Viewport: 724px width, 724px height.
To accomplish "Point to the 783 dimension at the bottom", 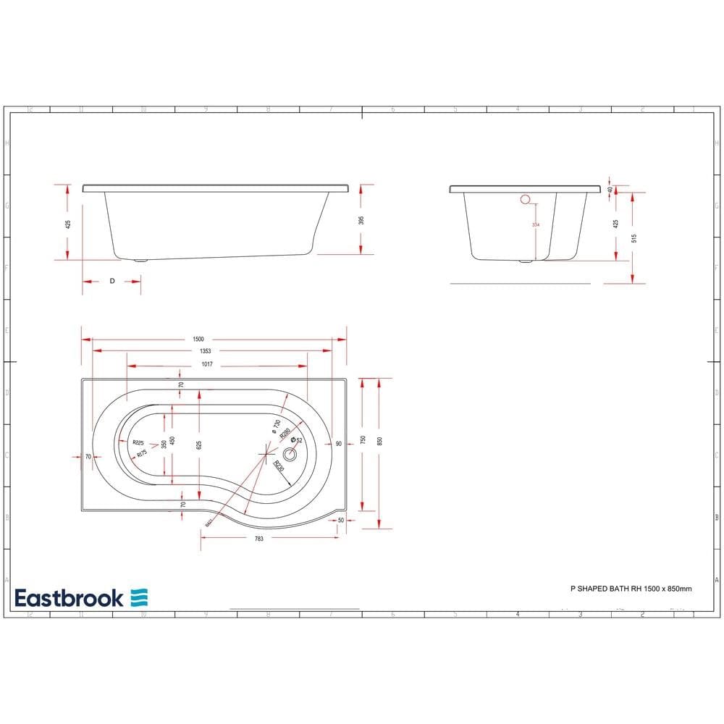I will pos(258,539).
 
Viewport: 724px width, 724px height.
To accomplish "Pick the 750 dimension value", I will pos(363,440).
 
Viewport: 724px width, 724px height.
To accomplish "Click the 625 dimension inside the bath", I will pos(198,445).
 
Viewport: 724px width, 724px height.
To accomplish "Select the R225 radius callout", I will pos(139,443).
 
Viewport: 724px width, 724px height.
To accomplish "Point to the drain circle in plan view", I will pos(290,455).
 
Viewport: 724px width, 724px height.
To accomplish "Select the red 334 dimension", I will pos(536,225).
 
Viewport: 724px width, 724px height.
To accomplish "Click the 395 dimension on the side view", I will pos(361,220).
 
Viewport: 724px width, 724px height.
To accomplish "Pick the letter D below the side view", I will pos(111,280).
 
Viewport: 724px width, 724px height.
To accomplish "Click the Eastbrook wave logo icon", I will pos(139,597).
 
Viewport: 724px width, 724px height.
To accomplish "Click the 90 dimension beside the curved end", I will pos(338,444).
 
